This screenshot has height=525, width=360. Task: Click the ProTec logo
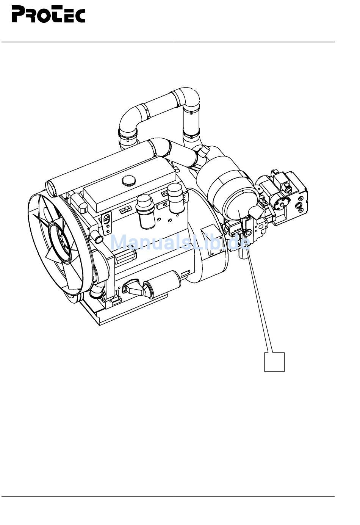(x=49, y=14)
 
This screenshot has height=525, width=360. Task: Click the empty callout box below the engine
(x=274, y=362)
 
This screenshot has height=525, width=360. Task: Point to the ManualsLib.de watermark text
(x=180, y=242)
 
